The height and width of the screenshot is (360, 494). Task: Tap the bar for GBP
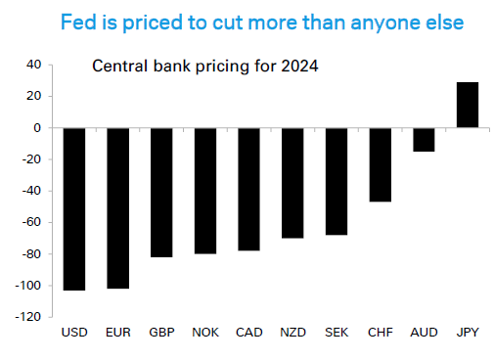coord(161,192)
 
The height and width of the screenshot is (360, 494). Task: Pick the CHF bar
coord(380,164)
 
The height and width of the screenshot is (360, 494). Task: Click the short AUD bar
coord(424,139)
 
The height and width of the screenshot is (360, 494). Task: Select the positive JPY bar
coord(468,105)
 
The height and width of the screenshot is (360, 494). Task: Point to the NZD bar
coord(292,183)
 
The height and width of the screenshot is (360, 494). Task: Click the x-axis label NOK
coord(205,333)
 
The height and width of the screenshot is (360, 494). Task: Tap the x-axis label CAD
coord(248,333)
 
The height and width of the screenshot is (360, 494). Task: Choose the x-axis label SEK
coord(337,333)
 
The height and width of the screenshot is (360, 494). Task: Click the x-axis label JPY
coord(468,333)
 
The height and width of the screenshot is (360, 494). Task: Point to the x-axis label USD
coord(73,333)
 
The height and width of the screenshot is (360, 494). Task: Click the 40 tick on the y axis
coord(33,65)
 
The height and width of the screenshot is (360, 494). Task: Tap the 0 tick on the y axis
coord(37,128)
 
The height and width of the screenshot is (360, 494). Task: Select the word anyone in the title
coord(346,21)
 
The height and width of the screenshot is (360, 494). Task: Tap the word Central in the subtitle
coord(117,67)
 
